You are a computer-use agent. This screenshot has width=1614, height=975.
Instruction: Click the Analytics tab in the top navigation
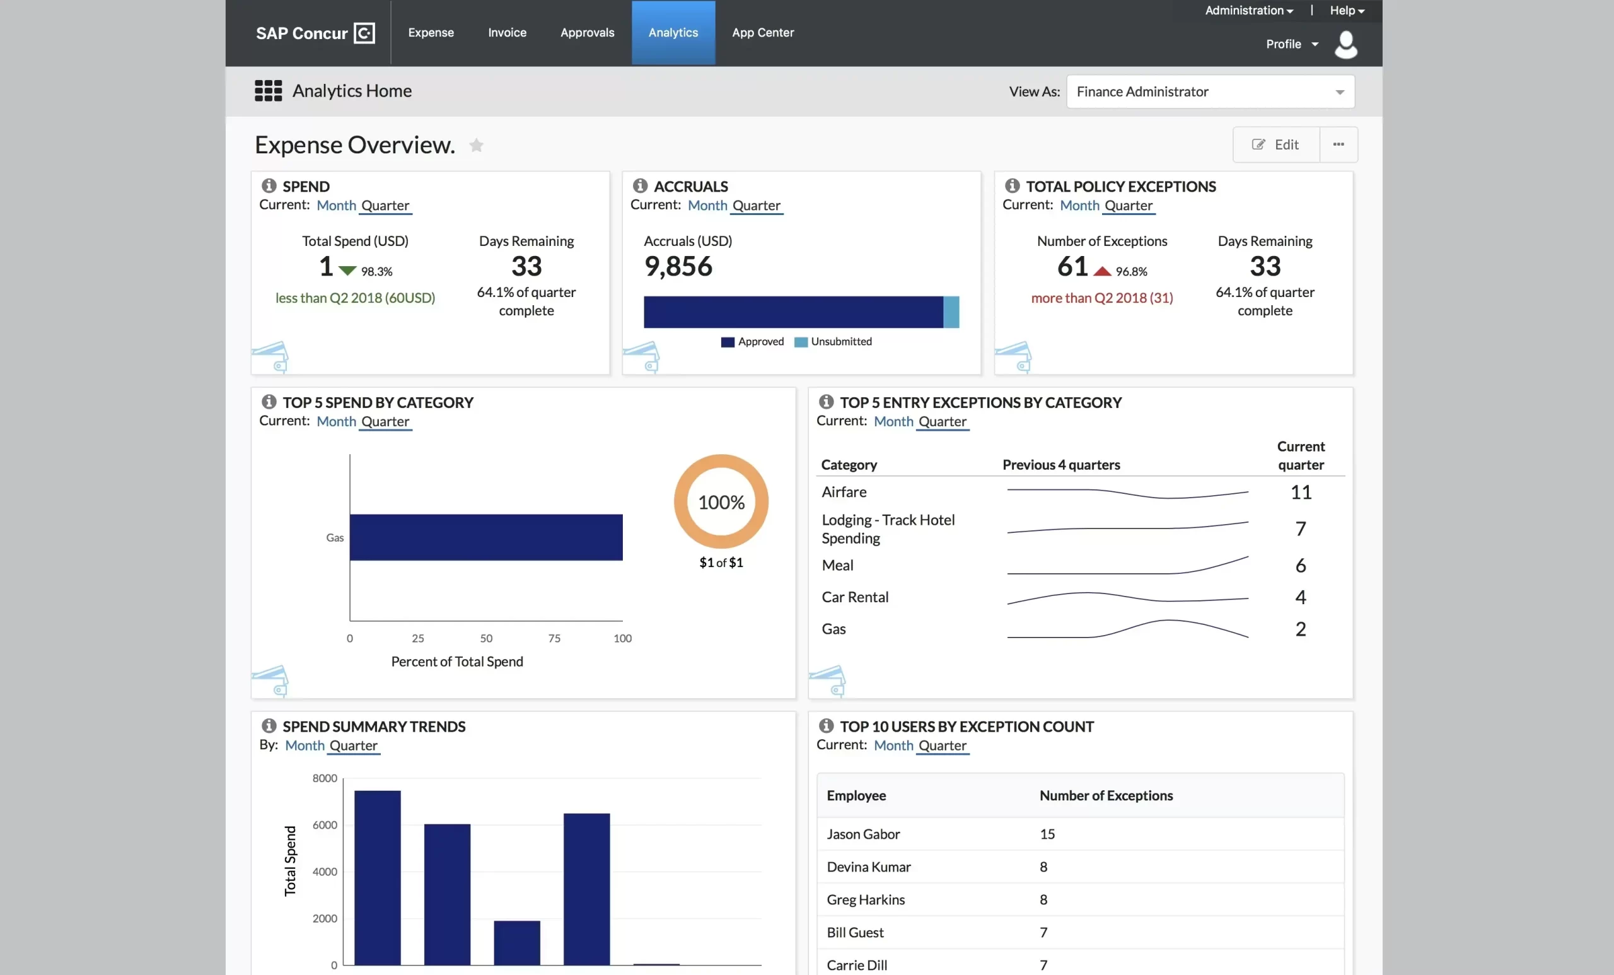tap(673, 33)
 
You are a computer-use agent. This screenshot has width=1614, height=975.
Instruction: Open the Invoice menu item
tap(507, 33)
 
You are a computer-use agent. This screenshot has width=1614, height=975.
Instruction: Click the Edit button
tap(1275, 145)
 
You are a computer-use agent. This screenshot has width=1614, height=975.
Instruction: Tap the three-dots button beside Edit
tap(1338, 145)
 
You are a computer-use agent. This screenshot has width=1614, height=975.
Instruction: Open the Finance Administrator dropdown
tap(1210, 91)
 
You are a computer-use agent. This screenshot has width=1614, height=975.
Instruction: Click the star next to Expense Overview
tap(476, 146)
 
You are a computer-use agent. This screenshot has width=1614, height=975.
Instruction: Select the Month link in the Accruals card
tap(707, 205)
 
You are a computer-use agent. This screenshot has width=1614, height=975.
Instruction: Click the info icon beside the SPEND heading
tap(269, 186)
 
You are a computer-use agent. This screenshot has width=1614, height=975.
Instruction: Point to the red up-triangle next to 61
tap(1103, 271)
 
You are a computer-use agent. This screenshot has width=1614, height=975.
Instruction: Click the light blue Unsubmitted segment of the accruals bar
tap(951, 312)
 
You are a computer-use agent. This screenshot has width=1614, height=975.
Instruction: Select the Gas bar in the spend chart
tap(485, 537)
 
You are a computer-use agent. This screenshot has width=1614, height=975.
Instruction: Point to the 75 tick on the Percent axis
tap(554, 638)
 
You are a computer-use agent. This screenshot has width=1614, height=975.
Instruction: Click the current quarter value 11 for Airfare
tap(1300, 492)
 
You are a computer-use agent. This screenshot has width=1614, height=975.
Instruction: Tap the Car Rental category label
tap(855, 597)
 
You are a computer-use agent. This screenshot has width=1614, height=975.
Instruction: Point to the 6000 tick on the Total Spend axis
tap(325, 825)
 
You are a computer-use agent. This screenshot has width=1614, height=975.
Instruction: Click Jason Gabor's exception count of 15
tap(1047, 834)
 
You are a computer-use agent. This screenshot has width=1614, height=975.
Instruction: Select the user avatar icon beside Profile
tap(1345, 45)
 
